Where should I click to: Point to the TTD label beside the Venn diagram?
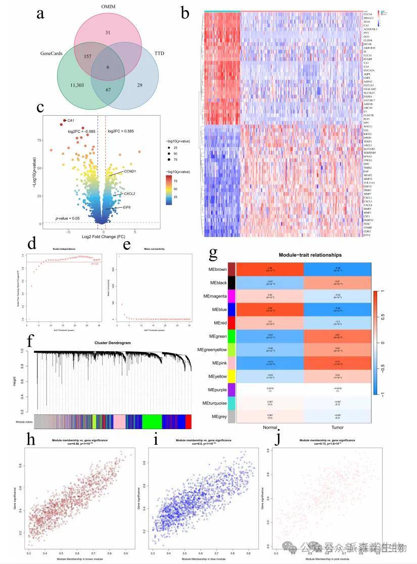tap(159, 53)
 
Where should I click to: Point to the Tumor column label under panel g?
tap(338, 428)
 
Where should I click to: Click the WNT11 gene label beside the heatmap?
tap(367, 126)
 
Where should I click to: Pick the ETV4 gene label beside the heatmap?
tap(366, 235)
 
